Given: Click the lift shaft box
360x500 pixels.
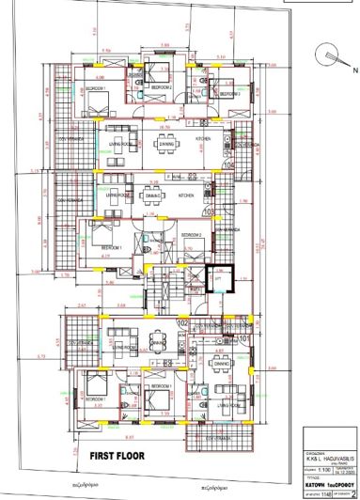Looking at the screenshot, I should coord(219,280).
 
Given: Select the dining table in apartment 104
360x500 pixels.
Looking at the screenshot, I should coord(167,144).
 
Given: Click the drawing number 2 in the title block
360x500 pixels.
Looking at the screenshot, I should coord(351,490).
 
